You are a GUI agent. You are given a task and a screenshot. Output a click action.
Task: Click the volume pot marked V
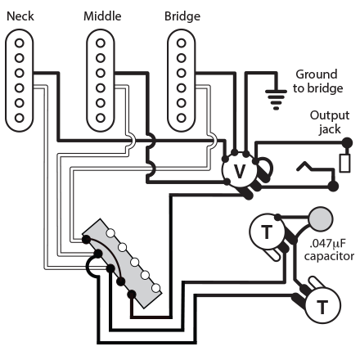click(239, 169)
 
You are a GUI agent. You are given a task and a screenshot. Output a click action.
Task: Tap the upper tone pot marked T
click(266, 233)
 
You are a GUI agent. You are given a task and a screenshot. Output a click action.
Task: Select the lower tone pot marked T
click(322, 306)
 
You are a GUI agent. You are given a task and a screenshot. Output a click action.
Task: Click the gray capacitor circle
click(321, 219)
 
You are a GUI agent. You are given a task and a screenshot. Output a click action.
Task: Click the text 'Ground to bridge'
click(315, 81)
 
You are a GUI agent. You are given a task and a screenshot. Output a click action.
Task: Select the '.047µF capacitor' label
click(329, 249)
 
